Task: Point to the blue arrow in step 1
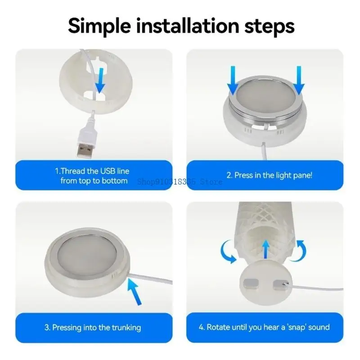(x=100, y=81)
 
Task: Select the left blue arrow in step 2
(x=233, y=81)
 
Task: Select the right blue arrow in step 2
(x=299, y=81)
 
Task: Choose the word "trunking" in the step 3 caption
(x=126, y=328)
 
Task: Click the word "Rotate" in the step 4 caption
(x=218, y=327)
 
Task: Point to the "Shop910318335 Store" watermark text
(x=180, y=182)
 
